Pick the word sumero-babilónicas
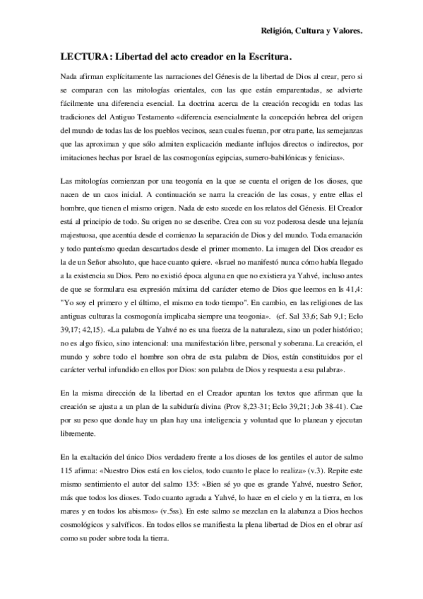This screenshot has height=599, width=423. coord(270,156)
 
